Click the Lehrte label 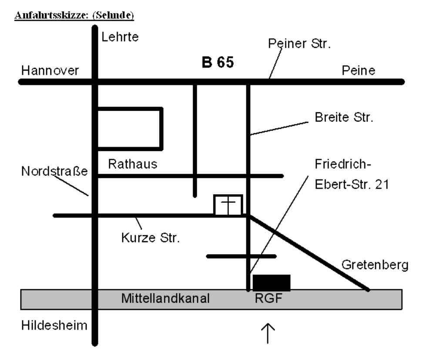tap(120, 37)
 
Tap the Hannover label tap(49, 71)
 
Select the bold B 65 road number tap(218, 63)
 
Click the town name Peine tap(358, 71)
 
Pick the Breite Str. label tap(344, 118)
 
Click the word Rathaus tap(132, 165)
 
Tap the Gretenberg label tap(375, 265)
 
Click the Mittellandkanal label tap(166, 299)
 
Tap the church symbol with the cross tap(228, 205)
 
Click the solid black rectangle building tap(272, 283)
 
